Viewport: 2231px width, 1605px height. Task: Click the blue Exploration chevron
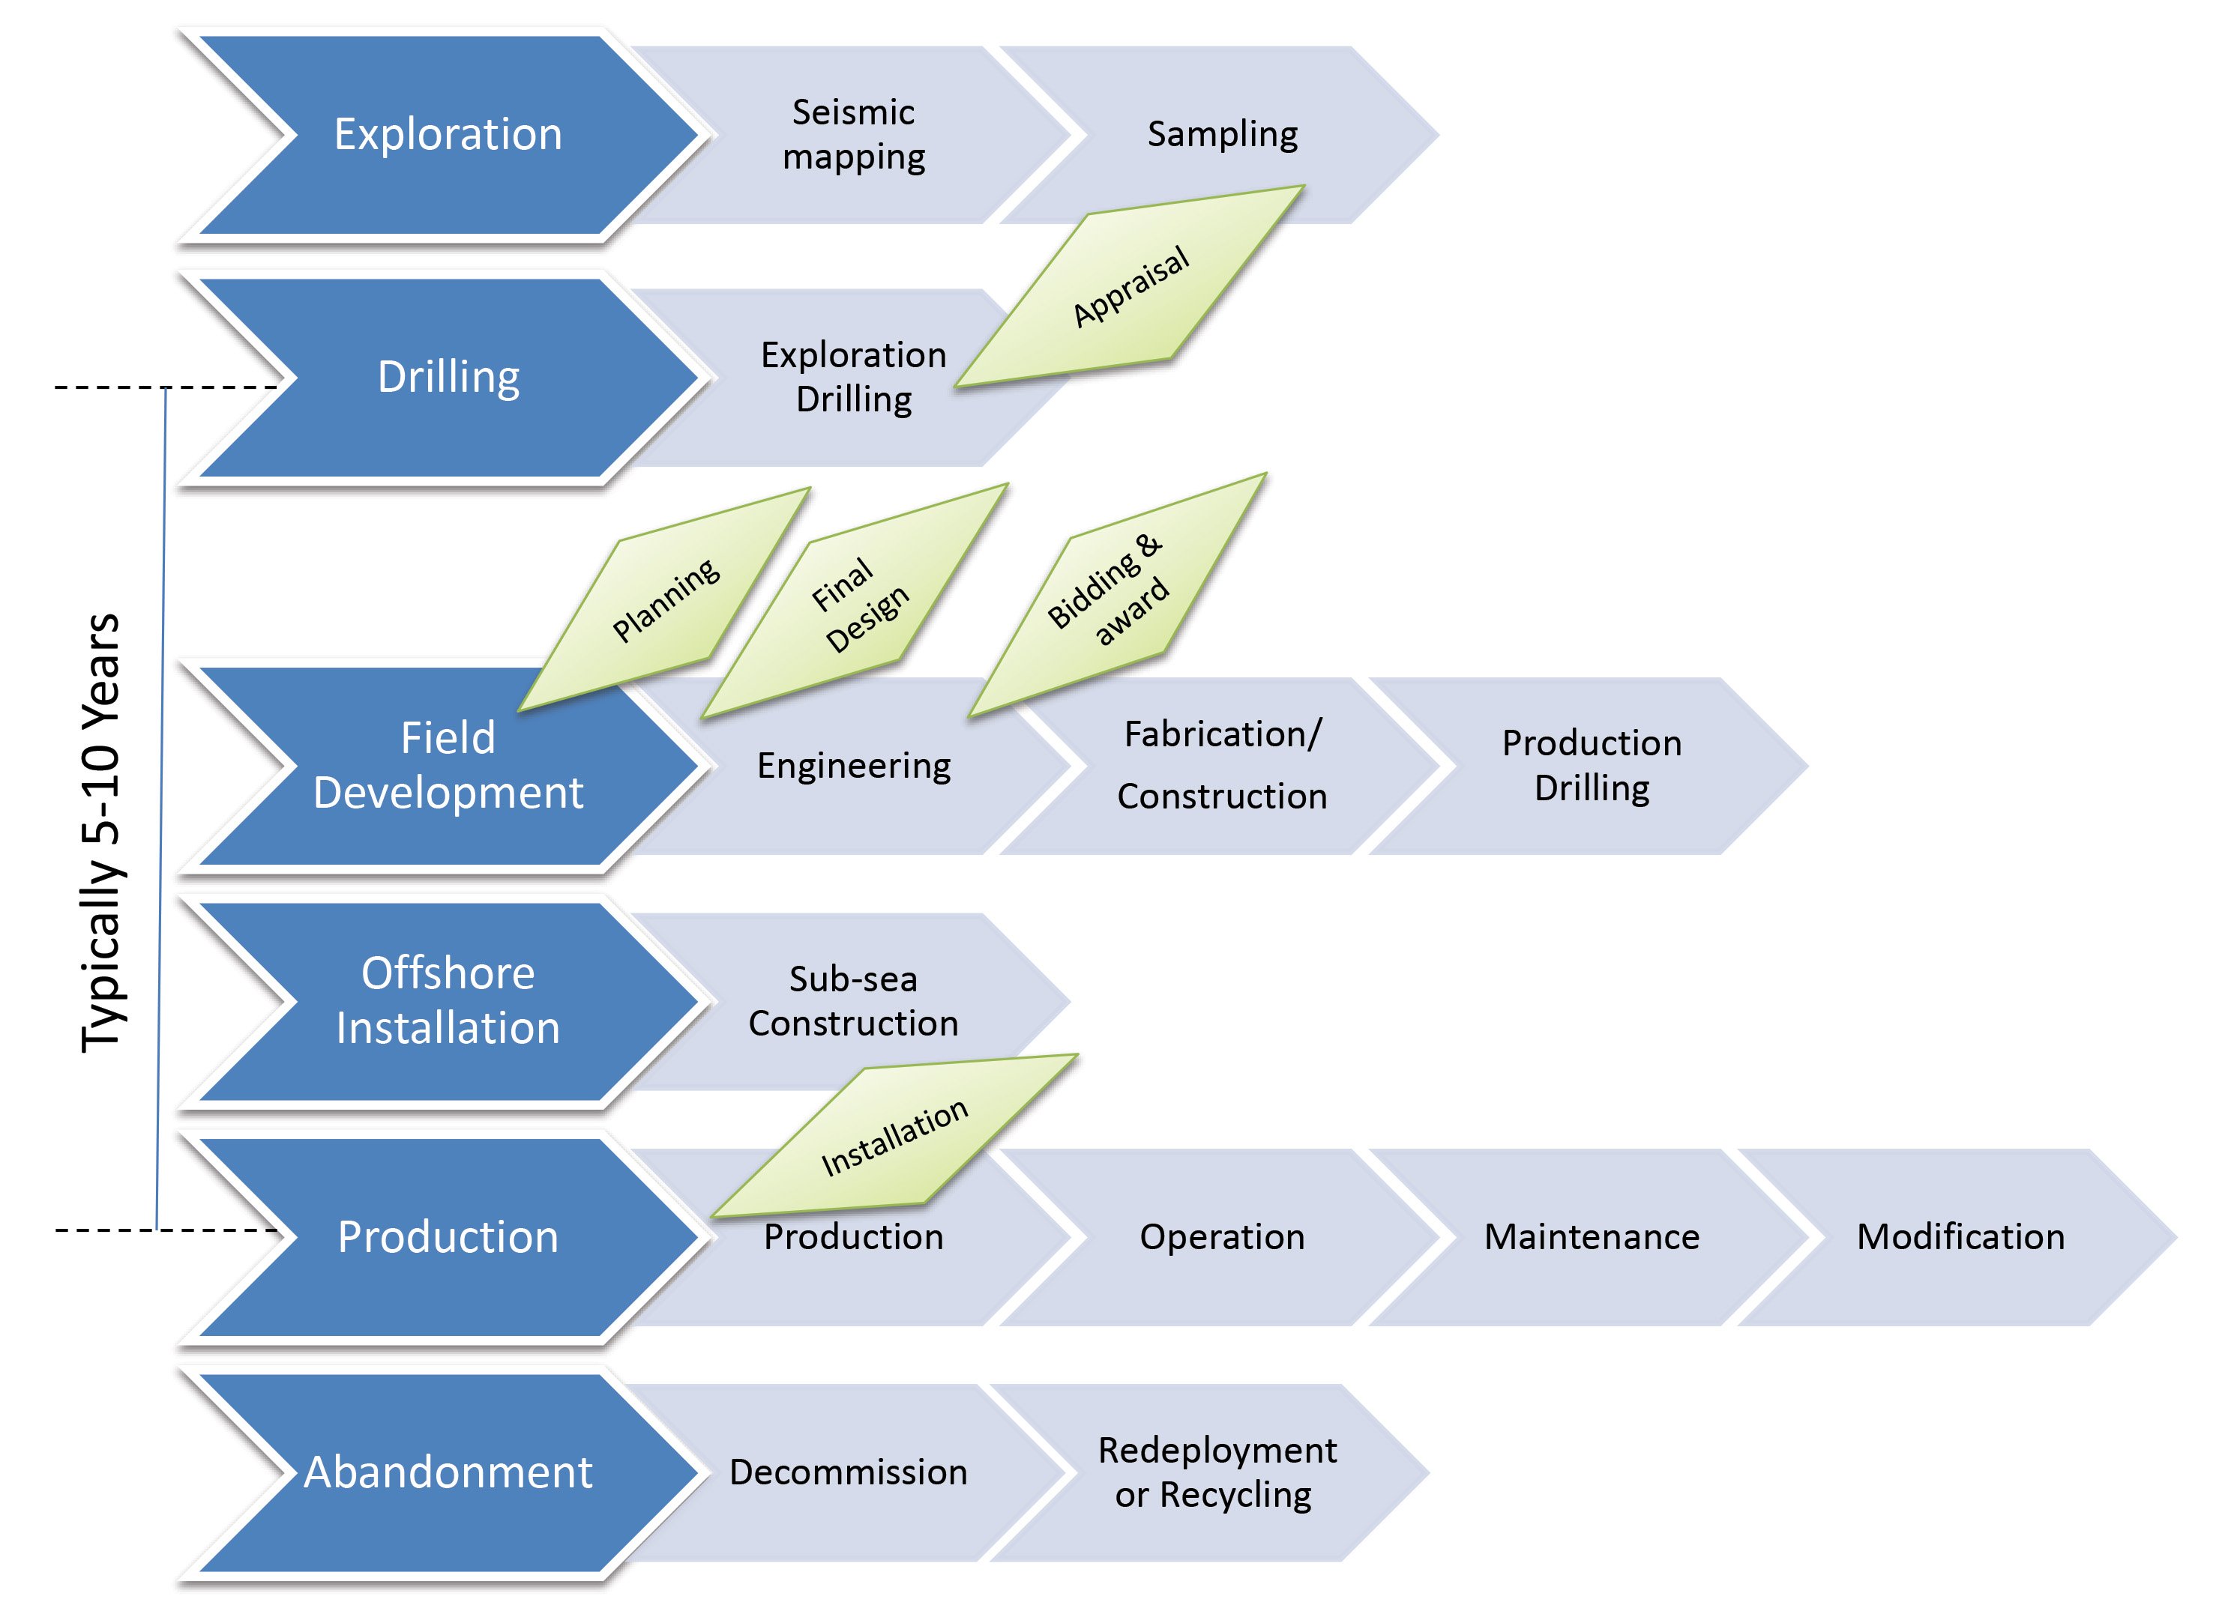(448, 135)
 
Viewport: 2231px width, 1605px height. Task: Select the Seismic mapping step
(853, 135)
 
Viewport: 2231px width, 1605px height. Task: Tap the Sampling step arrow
(1222, 133)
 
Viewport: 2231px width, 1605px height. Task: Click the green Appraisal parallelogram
(1130, 285)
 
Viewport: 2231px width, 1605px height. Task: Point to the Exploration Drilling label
(853, 377)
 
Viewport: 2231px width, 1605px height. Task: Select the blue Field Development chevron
(448, 765)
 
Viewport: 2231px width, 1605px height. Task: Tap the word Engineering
(853, 766)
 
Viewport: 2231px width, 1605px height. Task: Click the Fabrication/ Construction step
(1222, 765)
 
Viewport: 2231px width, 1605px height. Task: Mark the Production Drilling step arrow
(1591, 765)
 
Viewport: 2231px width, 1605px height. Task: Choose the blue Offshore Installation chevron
(448, 1000)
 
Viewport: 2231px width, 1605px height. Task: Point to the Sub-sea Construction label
(853, 1000)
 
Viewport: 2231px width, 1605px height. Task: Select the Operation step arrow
(1222, 1236)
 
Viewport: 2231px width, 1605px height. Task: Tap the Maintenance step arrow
(1591, 1236)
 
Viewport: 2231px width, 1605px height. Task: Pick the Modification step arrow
(1960, 1236)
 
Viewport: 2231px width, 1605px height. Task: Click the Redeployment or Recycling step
(1216, 1472)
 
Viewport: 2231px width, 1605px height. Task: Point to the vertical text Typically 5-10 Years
(101, 833)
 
